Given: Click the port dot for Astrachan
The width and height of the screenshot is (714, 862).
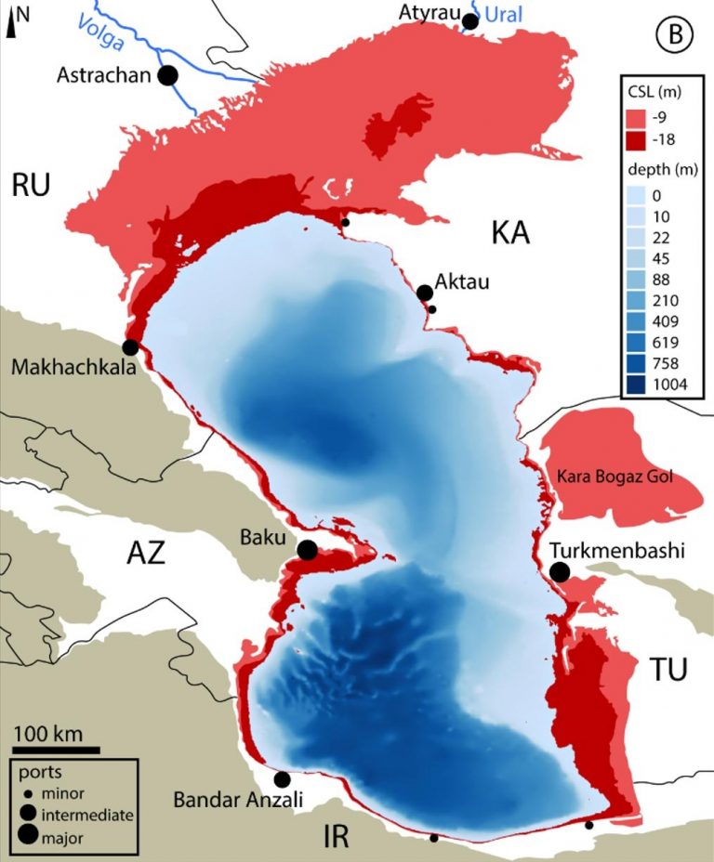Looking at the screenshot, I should click(168, 76).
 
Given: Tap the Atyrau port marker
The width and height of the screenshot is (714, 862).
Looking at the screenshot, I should click(470, 21).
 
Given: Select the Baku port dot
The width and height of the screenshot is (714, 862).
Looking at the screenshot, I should click(307, 550).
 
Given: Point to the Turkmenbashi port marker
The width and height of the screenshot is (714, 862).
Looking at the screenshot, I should click(560, 572).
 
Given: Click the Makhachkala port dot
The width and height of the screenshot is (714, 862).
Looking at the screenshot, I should click(130, 346).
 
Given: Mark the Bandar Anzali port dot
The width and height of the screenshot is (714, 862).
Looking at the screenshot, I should click(282, 779).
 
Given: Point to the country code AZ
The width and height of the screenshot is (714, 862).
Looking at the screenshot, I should click(145, 555).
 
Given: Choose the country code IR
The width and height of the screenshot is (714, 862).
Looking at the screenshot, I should click(336, 836).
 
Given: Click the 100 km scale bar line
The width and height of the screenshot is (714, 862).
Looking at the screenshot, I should click(56, 748).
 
